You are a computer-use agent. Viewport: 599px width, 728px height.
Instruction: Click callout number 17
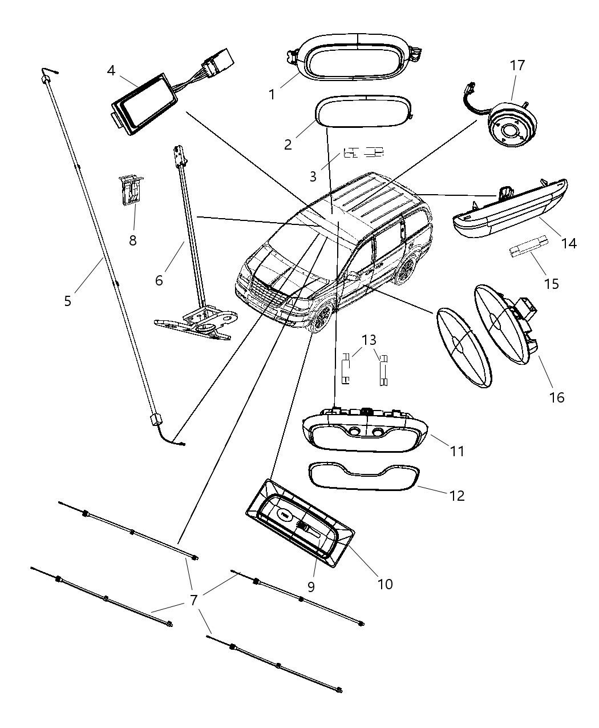click(x=517, y=66)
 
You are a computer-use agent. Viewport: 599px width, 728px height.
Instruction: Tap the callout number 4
click(x=111, y=70)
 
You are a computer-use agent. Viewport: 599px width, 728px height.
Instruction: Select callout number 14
click(x=568, y=243)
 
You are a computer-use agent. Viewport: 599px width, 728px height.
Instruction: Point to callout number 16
click(x=556, y=397)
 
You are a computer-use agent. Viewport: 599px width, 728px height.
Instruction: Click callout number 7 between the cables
click(x=193, y=600)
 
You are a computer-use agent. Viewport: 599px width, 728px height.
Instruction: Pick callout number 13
click(x=369, y=340)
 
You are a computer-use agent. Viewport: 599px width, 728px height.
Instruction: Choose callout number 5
click(x=68, y=300)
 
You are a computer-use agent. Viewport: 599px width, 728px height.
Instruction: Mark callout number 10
click(x=385, y=584)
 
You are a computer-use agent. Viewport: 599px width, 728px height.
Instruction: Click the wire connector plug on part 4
click(x=218, y=63)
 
